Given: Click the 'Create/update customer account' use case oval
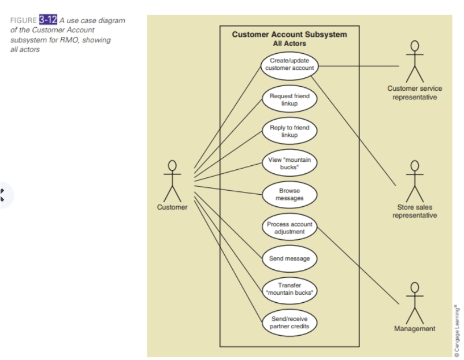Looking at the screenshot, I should pos(289,64).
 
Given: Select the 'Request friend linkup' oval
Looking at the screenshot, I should pos(289,99).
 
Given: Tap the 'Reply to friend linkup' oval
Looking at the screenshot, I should pos(289,131).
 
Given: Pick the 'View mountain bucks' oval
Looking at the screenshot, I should pos(289,163).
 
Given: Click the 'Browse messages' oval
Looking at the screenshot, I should pos(289,194).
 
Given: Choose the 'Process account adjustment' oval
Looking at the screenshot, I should pos(289,228).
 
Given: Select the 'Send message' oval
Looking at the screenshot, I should pos(289,258).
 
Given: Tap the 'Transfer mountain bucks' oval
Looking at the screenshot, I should pos(289,289).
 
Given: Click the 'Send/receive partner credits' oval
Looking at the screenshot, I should pos(289,322).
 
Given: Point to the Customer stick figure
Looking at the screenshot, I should pos(172,180).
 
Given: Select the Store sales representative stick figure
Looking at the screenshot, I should pos(414,180).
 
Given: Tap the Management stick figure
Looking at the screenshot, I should pos(414,303).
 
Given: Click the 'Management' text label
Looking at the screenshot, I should pos(414,329).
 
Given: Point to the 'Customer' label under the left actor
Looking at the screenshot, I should pos(172,207).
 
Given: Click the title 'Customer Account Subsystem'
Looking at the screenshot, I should pos(289,35).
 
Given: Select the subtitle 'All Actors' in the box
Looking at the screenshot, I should pos(289,43).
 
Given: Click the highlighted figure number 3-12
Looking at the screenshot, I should pos(48,20).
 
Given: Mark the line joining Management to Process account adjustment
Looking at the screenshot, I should pos(358,265).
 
